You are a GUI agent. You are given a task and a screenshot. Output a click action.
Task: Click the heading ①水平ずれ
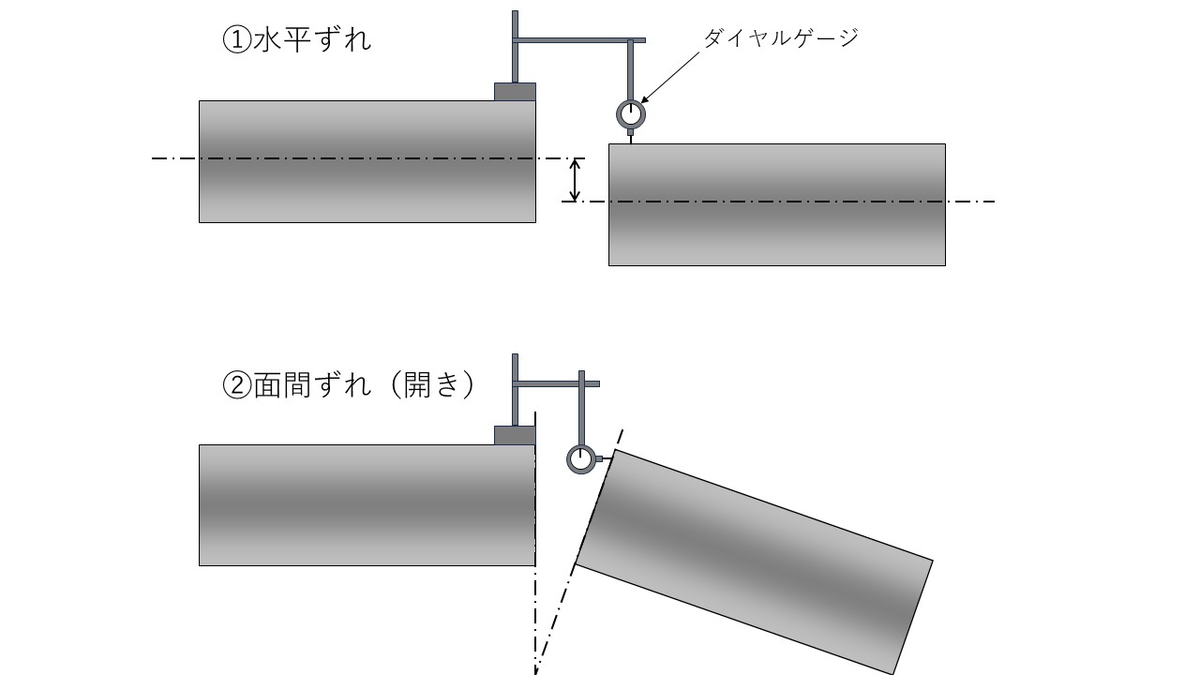coord(296,40)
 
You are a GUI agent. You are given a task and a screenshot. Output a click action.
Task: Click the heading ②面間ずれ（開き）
coord(349,384)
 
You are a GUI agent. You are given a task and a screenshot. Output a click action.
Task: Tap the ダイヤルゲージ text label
coord(780,37)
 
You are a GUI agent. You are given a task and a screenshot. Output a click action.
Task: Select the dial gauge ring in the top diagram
coord(631,113)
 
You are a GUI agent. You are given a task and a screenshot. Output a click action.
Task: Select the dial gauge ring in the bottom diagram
coord(581,459)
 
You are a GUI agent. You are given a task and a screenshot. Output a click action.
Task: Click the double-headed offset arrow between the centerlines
coord(576,180)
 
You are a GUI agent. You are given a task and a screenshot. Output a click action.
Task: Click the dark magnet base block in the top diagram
coord(515,91)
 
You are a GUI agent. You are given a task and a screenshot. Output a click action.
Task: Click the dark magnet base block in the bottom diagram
coord(515,435)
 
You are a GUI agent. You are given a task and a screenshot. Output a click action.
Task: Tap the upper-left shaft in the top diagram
coord(367,161)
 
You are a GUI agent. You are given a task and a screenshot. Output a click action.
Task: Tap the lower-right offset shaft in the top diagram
coord(776,204)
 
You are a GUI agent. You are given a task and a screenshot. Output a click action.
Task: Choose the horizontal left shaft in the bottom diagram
coord(367,504)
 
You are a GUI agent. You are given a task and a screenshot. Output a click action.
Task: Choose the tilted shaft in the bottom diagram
coord(754,561)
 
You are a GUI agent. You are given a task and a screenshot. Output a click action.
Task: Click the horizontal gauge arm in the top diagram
coord(581,40)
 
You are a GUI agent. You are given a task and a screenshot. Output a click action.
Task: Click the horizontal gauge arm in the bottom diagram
coord(558,383)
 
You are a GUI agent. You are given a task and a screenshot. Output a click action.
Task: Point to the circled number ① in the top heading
coord(234,40)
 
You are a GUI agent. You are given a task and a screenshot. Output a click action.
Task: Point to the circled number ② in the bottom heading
coord(234,384)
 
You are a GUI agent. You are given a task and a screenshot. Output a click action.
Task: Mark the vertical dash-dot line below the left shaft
coord(535,619)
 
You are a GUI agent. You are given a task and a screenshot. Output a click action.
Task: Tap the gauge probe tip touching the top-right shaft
coord(631,138)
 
